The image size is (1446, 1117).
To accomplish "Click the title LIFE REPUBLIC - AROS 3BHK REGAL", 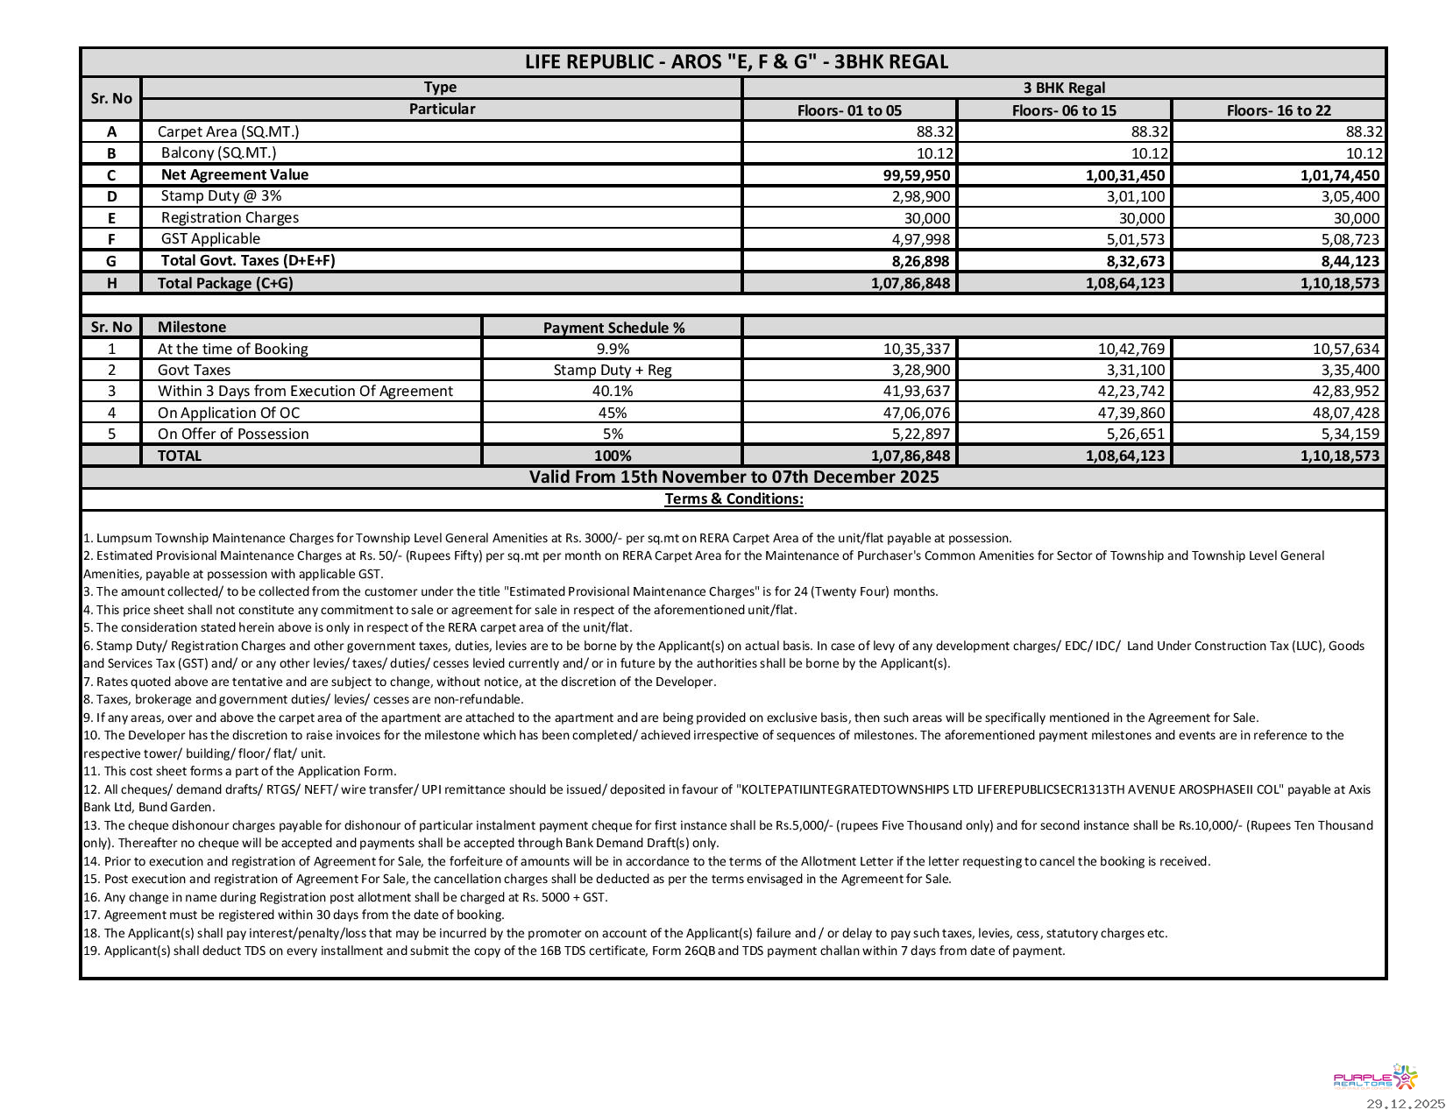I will (736, 62).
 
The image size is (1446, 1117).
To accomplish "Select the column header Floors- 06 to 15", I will (1064, 110).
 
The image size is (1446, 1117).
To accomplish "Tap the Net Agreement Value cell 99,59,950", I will (910, 175).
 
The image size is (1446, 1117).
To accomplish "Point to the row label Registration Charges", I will (230, 217).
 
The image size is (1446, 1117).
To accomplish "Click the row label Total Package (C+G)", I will (225, 283).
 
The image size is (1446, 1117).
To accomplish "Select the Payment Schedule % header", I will (613, 328).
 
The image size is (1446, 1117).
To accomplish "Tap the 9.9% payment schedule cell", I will (613, 349).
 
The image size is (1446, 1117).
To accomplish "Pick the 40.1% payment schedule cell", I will (613, 392).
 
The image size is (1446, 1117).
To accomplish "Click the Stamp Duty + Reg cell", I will (613, 370).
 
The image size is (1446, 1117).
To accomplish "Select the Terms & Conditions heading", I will (734, 499).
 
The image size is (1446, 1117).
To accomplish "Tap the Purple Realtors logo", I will (1375, 1078).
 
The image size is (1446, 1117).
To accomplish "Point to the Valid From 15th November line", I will (734, 477).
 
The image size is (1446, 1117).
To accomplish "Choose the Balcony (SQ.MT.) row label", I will (218, 153).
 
